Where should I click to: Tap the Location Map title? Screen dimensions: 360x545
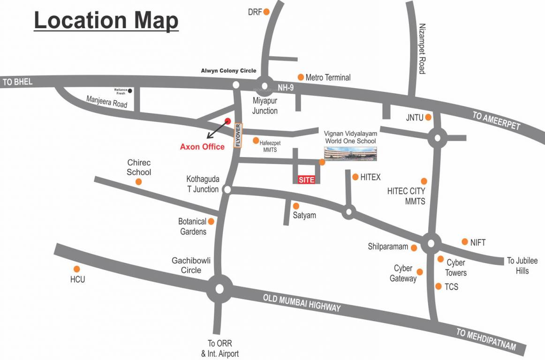[x=106, y=21]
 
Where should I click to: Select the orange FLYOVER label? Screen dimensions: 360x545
[x=238, y=136]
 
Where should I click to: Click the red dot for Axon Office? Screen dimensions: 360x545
[x=228, y=121]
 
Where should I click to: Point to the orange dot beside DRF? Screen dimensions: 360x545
[x=266, y=12]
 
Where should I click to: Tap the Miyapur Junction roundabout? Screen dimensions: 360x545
[x=264, y=86]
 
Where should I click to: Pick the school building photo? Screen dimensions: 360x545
[x=351, y=153]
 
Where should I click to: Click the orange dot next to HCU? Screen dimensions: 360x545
[x=77, y=269]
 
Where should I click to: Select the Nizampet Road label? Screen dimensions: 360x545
[x=422, y=49]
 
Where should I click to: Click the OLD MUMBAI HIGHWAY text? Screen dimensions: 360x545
[x=302, y=303]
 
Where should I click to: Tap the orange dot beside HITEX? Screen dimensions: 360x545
[x=356, y=177]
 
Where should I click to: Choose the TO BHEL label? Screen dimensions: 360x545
[x=18, y=82]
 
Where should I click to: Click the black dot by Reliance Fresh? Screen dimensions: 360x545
[x=130, y=90]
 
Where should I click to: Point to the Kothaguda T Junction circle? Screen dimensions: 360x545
[x=227, y=189]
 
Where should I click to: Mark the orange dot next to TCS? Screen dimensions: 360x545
[x=439, y=286]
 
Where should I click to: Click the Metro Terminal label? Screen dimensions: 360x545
[x=328, y=77]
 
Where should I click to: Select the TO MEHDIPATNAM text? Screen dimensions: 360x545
[x=486, y=340]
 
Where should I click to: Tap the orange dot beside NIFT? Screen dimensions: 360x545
[x=465, y=242]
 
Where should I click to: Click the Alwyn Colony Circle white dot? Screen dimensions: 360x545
[x=236, y=85]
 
